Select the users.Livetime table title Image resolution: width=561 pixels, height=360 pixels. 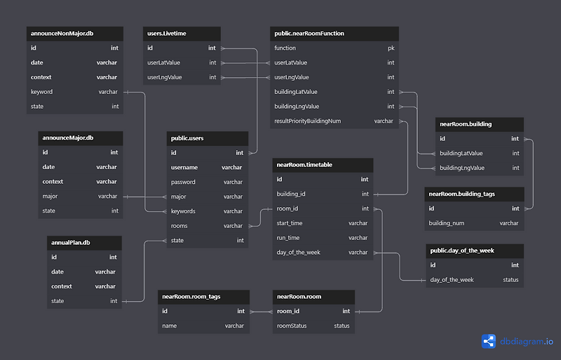tap(167, 34)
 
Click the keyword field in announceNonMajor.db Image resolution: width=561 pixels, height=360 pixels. tap(41, 92)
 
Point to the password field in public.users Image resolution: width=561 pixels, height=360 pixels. tap(183, 182)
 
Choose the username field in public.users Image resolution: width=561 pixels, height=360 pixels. tap(184, 167)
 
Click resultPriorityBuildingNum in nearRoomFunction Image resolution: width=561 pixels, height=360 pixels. tap(308, 121)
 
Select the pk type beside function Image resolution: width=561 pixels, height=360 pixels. tap(391, 48)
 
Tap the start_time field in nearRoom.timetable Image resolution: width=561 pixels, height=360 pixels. tap(290, 223)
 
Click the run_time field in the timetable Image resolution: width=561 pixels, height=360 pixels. tap(288, 238)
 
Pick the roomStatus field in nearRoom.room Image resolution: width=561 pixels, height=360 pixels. tap(292, 326)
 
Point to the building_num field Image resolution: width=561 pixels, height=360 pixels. tap(447, 223)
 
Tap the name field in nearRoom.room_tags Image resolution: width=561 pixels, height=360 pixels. tap(169, 326)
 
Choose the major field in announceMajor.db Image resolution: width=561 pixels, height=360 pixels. tap(50, 196)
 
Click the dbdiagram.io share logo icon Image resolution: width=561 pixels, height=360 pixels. tap(488, 341)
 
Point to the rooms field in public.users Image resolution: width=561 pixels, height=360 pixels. tap(179, 226)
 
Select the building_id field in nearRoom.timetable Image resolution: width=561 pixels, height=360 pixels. tap(291, 194)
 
